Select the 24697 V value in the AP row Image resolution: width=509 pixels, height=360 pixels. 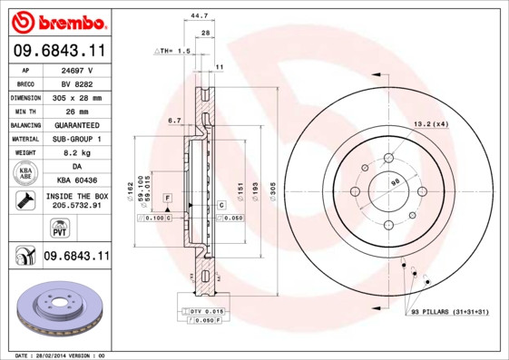coord(76,69)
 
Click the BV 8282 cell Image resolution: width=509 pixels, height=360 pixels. coord(76,83)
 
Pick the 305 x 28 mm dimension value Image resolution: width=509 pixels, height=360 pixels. coord(76,97)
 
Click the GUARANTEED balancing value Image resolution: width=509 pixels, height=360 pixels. coord(76,124)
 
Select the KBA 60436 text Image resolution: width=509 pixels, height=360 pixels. coord(76,180)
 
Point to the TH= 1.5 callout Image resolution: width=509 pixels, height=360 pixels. coord(172,51)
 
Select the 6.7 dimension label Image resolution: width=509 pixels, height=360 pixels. coord(175,120)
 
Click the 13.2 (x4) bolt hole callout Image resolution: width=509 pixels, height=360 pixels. coord(431,123)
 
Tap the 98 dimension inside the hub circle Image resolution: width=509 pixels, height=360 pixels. coord(394,183)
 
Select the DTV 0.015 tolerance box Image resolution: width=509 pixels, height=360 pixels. coord(208,311)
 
